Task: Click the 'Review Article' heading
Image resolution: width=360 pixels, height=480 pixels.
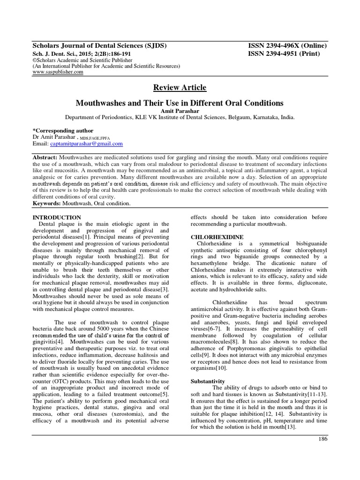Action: pos(180,88)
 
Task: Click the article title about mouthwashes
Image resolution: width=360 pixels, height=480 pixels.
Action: pos(180,102)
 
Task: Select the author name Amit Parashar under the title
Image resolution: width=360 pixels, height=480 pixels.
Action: pos(180,110)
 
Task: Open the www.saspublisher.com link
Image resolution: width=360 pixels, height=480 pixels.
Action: pos(58,72)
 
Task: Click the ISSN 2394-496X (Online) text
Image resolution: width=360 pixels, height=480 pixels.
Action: pos(287,45)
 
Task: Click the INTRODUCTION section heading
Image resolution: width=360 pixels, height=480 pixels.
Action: pos(56,217)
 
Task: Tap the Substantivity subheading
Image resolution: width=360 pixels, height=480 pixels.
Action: pos(207,381)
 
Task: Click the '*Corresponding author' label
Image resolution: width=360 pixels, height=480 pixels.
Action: pos(62,130)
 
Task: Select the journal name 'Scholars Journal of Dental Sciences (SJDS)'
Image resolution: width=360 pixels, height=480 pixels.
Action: pos(99,45)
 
